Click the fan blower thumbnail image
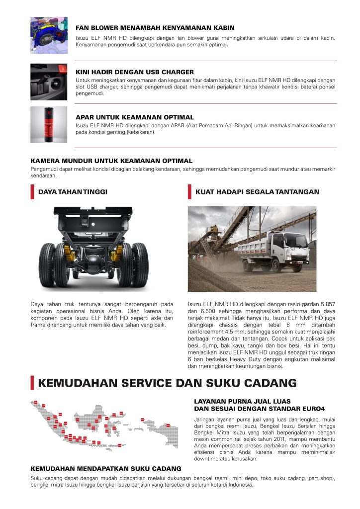[x=49, y=35]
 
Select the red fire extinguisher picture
[x=49, y=125]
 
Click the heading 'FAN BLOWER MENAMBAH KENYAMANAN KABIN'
[x=155, y=28]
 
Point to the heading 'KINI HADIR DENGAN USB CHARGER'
[x=134, y=72]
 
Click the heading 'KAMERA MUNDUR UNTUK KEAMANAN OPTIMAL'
[x=111, y=161]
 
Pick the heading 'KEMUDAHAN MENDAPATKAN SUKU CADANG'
[x=106, y=468]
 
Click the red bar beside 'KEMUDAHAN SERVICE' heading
[x=32, y=383]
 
